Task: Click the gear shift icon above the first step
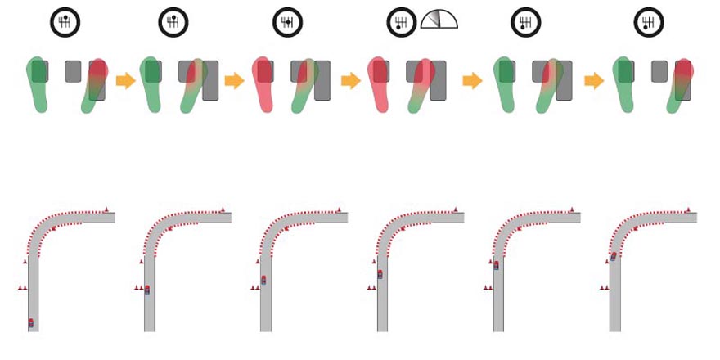[x=65, y=22]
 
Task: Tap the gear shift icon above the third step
[x=288, y=22]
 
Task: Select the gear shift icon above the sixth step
[x=648, y=22]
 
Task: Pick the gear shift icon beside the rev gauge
[x=402, y=22]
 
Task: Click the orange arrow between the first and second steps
[x=125, y=81]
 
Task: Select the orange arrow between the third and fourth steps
[x=351, y=81]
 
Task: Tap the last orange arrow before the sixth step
[x=594, y=81]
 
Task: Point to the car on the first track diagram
[x=31, y=323]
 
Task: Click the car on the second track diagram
[x=147, y=289]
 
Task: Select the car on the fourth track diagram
[x=380, y=274]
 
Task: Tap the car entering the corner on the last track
[x=614, y=257]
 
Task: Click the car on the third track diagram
[x=263, y=280]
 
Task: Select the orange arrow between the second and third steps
[x=234, y=81]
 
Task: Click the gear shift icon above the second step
[x=173, y=22]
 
